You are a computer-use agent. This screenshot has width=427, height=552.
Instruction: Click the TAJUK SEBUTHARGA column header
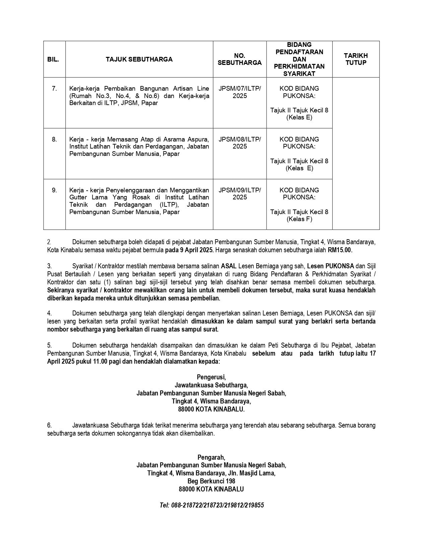coord(139,60)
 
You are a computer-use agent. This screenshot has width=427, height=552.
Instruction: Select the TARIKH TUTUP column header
coord(356,59)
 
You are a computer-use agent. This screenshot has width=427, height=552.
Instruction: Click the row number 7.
coord(54,89)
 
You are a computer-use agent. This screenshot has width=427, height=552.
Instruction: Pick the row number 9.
coord(54,190)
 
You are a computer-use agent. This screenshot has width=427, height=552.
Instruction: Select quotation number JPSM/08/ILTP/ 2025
coord(239,143)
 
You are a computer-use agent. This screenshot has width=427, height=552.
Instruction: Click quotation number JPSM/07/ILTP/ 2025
coord(239,92)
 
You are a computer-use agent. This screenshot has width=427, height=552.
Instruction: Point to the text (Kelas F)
coord(299,219)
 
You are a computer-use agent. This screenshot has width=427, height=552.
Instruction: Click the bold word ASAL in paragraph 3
coord(229,266)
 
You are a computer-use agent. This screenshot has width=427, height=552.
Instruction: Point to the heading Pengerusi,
coord(211,377)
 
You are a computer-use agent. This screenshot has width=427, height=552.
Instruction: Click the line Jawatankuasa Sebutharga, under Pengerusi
coord(211,385)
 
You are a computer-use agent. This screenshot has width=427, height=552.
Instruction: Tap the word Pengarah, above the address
coord(211,457)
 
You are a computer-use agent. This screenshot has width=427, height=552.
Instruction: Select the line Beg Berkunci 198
coord(211,481)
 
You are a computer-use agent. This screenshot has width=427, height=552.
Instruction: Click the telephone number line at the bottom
coord(212,505)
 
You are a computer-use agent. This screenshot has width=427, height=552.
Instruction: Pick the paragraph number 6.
coord(49,426)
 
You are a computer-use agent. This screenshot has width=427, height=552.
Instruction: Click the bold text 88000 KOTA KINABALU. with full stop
coord(211,409)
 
